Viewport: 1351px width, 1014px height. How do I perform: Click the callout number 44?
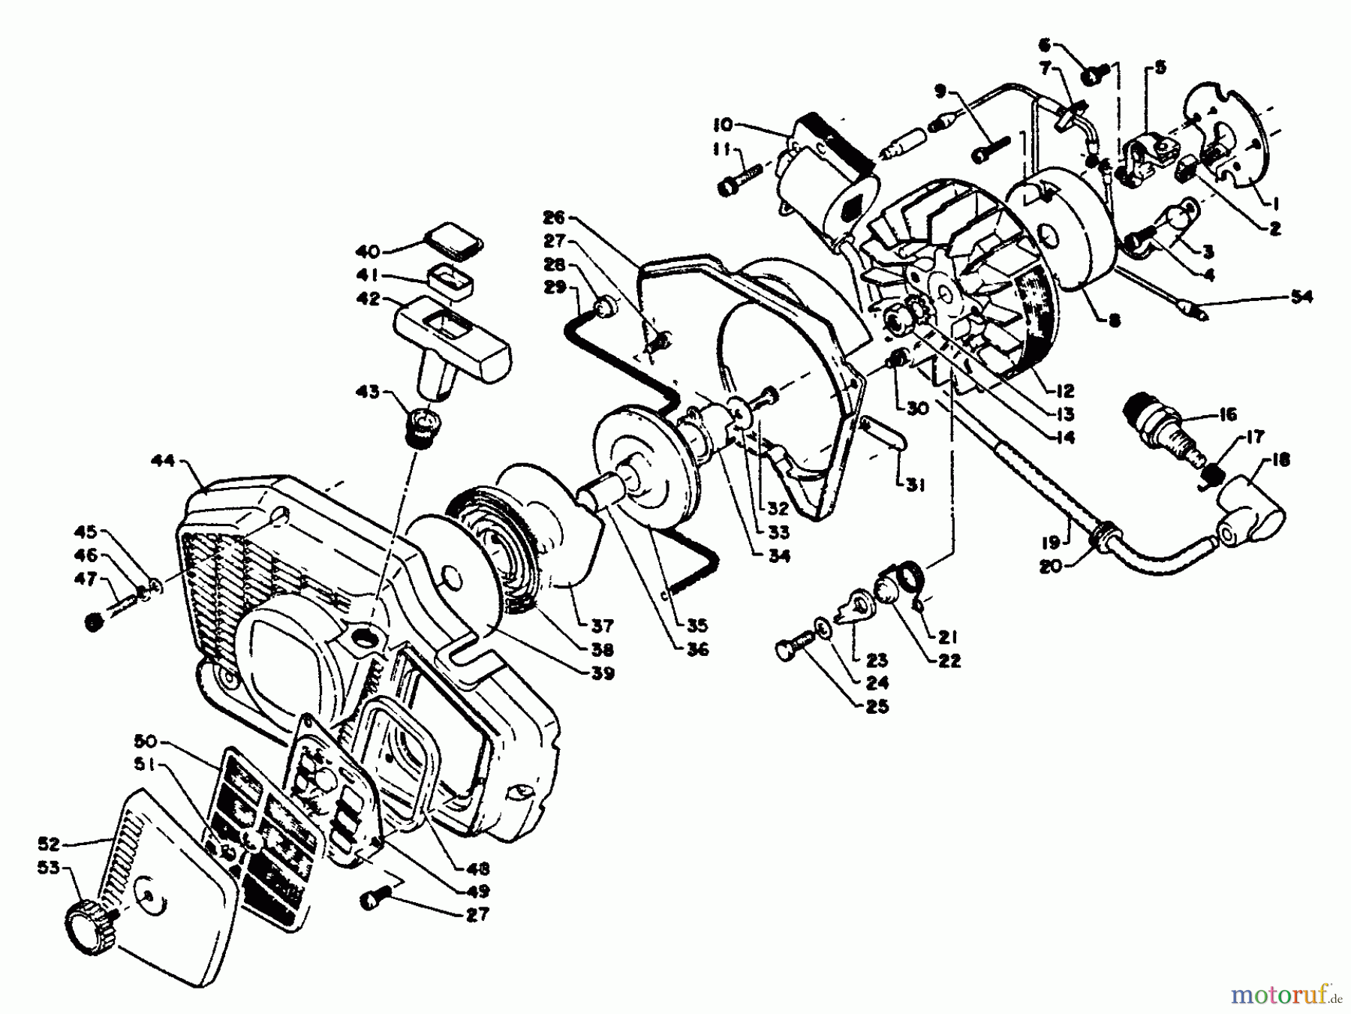click(162, 461)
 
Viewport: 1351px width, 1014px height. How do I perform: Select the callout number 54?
click(1301, 297)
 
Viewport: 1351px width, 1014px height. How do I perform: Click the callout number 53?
click(50, 868)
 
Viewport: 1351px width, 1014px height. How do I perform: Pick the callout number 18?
click(1280, 459)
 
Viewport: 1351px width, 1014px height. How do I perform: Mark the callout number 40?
click(368, 252)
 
